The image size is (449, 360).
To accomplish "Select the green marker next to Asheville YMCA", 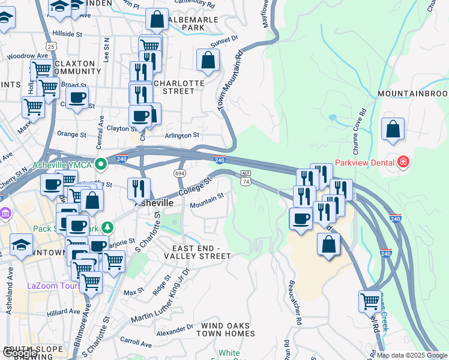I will tap(101, 162).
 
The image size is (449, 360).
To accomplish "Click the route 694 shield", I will tap(179, 172).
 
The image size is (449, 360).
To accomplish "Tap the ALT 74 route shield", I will tap(245, 177).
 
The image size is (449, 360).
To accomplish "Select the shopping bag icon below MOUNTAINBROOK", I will tap(393, 129).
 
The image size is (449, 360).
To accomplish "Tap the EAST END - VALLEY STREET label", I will tap(201, 252).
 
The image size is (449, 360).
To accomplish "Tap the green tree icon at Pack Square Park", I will tap(107, 227).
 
